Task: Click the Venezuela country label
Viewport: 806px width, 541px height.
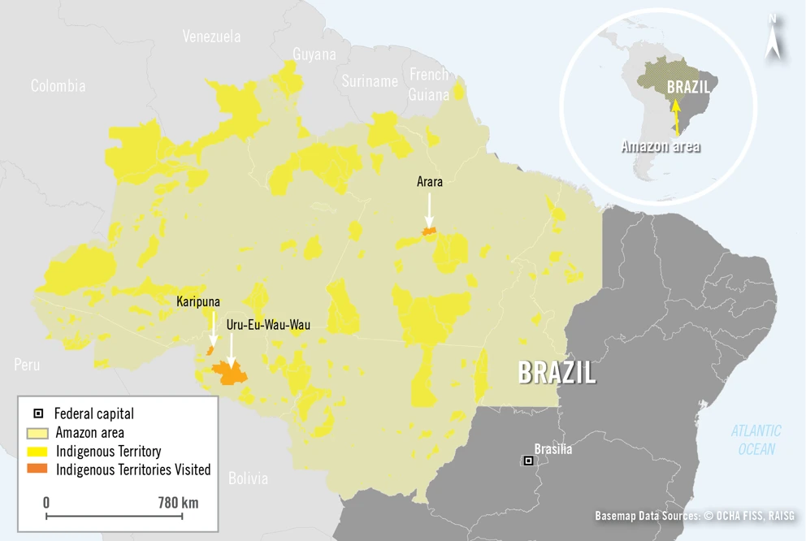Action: (x=211, y=37)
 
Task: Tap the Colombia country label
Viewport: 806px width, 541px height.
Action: (x=58, y=85)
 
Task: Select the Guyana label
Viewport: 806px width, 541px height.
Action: (x=314, y=54)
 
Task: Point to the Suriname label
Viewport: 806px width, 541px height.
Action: (x=370, y=80)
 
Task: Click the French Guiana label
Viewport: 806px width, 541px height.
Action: (x=429, y=84)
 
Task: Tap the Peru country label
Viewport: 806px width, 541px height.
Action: (x=26, y=365)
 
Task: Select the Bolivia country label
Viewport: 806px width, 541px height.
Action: (x=248, y=478)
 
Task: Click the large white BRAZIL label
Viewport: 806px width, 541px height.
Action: (x=557, y=373)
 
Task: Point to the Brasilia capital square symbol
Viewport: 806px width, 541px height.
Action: (x=528, y=461)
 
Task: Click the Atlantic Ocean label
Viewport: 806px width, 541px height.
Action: (x=756, y=439)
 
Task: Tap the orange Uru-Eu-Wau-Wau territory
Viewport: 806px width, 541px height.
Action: (x=230, y=374)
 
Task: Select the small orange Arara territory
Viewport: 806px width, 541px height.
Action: (x=428, y=232)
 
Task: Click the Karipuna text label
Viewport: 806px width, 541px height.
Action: (x=198, y=301)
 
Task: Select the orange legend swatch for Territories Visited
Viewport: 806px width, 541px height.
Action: (x=38, y=469)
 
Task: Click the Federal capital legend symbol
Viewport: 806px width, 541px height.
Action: (x=38, y=413)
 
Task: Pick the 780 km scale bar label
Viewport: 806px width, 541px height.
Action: (x=178, y=502)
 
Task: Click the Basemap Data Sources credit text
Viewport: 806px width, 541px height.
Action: (x=695, y=516)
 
